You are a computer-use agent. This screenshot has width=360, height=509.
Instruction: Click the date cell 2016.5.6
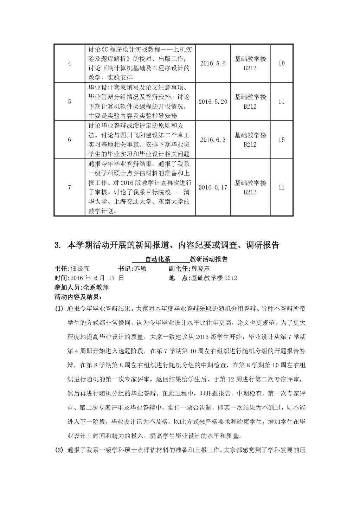[x=213, y=64]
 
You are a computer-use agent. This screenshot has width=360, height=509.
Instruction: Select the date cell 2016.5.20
[x=213, y=102]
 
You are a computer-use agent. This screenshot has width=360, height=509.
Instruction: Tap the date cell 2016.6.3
[x=213, y=140]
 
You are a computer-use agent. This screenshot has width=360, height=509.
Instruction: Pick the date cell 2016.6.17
[x=213, y=187]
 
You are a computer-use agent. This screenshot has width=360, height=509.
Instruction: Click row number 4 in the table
[x=69, y=64]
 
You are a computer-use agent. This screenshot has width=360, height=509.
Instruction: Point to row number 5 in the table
[x=69, y=102]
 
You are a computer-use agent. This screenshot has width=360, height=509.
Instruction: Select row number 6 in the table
[x=69, y=140]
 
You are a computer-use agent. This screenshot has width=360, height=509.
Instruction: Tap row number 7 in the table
[x=69, y=187]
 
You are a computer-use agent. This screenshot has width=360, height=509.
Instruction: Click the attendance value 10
[x=282, y=64]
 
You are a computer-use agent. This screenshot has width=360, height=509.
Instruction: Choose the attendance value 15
[x=282, y=140]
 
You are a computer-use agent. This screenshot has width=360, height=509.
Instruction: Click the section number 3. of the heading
[x=58, y=245]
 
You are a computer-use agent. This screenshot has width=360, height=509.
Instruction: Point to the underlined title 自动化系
[x=158, y=259]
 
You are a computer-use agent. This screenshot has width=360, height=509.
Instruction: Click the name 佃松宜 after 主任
[x=80, y=269]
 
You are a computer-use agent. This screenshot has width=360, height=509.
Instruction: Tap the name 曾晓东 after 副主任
[x=201, y=269]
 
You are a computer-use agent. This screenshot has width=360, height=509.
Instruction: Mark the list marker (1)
[x=58, y=309]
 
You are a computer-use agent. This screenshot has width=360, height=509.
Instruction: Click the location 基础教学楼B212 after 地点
[x=214, y=278]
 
